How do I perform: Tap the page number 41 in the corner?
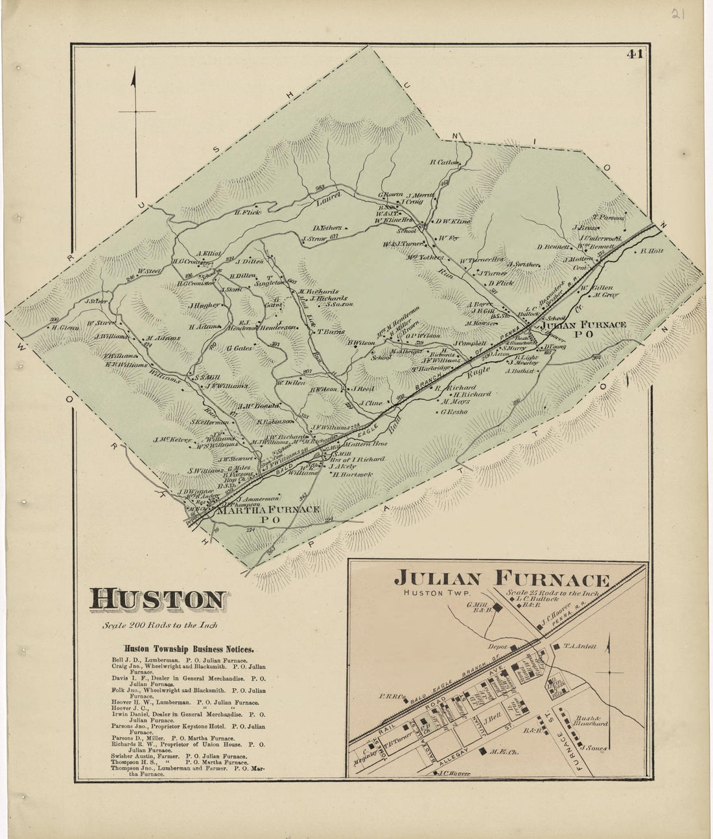click(x=634, y=54)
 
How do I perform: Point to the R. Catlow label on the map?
click(x=444, y=162)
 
